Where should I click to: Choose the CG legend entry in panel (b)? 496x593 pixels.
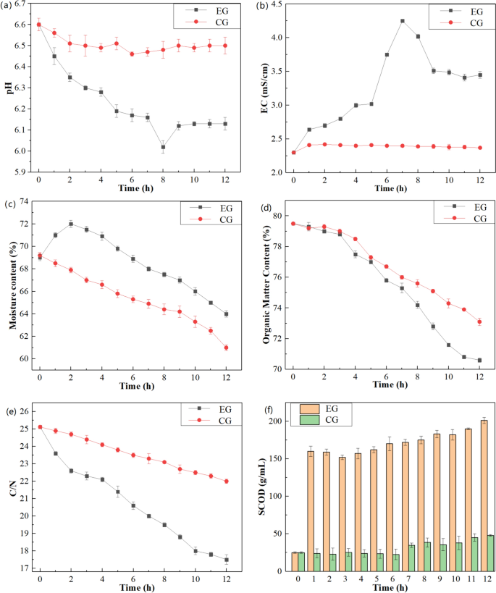click(x=466, y=24)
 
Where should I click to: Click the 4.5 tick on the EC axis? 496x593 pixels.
click(x=277, y=4)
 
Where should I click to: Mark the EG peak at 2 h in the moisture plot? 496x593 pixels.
click(x=70, y=224)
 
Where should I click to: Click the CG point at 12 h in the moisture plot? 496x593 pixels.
click(x=226, y=348)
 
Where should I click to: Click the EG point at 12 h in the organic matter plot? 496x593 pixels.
click(x=479, y=360)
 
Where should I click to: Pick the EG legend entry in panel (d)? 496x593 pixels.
click(x=466, y=208)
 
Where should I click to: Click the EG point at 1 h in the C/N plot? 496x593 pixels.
click(x=55, y=433)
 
